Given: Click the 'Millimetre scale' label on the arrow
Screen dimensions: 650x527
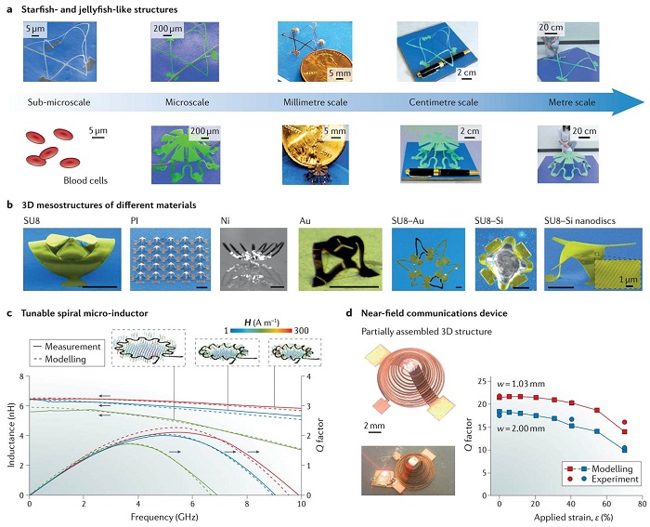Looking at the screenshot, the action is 316,102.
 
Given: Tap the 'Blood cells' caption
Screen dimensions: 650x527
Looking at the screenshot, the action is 85,180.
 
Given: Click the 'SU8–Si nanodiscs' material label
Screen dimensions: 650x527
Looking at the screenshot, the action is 580,221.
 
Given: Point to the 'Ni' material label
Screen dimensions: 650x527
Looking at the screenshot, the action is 225,221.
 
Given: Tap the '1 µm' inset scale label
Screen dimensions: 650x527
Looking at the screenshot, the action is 628,280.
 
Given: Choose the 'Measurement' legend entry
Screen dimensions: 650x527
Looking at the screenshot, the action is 72,347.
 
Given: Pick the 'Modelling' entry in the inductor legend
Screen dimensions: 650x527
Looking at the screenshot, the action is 65,359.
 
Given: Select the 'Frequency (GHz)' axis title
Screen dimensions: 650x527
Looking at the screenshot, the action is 164,517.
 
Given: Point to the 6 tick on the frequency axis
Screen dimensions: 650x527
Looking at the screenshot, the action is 192,504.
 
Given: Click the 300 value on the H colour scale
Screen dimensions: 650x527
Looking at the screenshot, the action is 302,331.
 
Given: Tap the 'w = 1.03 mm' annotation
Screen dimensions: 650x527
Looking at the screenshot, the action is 521,384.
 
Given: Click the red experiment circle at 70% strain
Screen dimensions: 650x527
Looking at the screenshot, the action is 624,422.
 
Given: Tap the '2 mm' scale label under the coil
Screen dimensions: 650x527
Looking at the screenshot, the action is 374,426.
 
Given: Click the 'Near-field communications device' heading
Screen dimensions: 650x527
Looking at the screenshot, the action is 435,313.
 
